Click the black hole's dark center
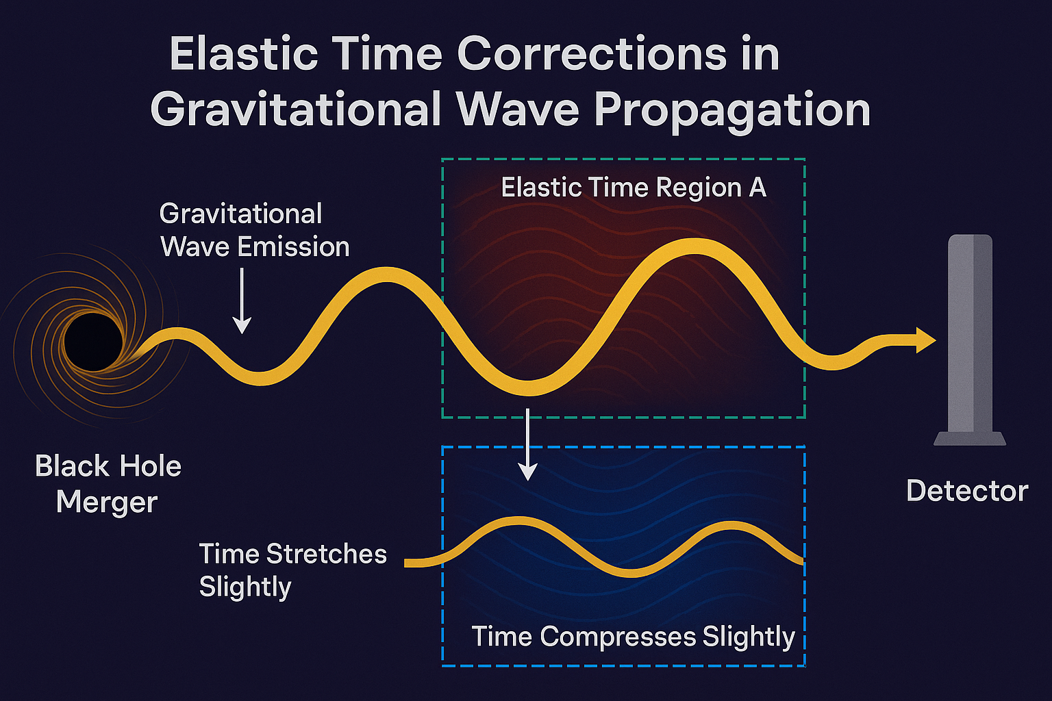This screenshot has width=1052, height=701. click(93, 342)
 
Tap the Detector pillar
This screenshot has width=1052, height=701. click(970, 339)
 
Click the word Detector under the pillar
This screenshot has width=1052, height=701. click(967, 491)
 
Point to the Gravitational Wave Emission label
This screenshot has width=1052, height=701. click(255, 230)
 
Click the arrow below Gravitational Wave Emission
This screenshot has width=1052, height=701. click(242, 301)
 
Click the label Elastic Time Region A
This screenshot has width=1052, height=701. click(634, 188)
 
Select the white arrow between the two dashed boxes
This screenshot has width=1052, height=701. click(528, 444)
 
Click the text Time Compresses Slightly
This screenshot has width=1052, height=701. click(633, 637)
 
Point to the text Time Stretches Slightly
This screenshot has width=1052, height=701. click(292, 570)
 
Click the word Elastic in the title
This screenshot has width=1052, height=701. click(244, 55)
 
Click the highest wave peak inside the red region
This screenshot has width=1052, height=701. click(694, 246)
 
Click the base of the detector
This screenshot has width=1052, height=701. click(970, 439)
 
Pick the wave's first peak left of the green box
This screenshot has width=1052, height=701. click(386, 275)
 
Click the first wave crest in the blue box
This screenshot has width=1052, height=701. click(518, 520)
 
